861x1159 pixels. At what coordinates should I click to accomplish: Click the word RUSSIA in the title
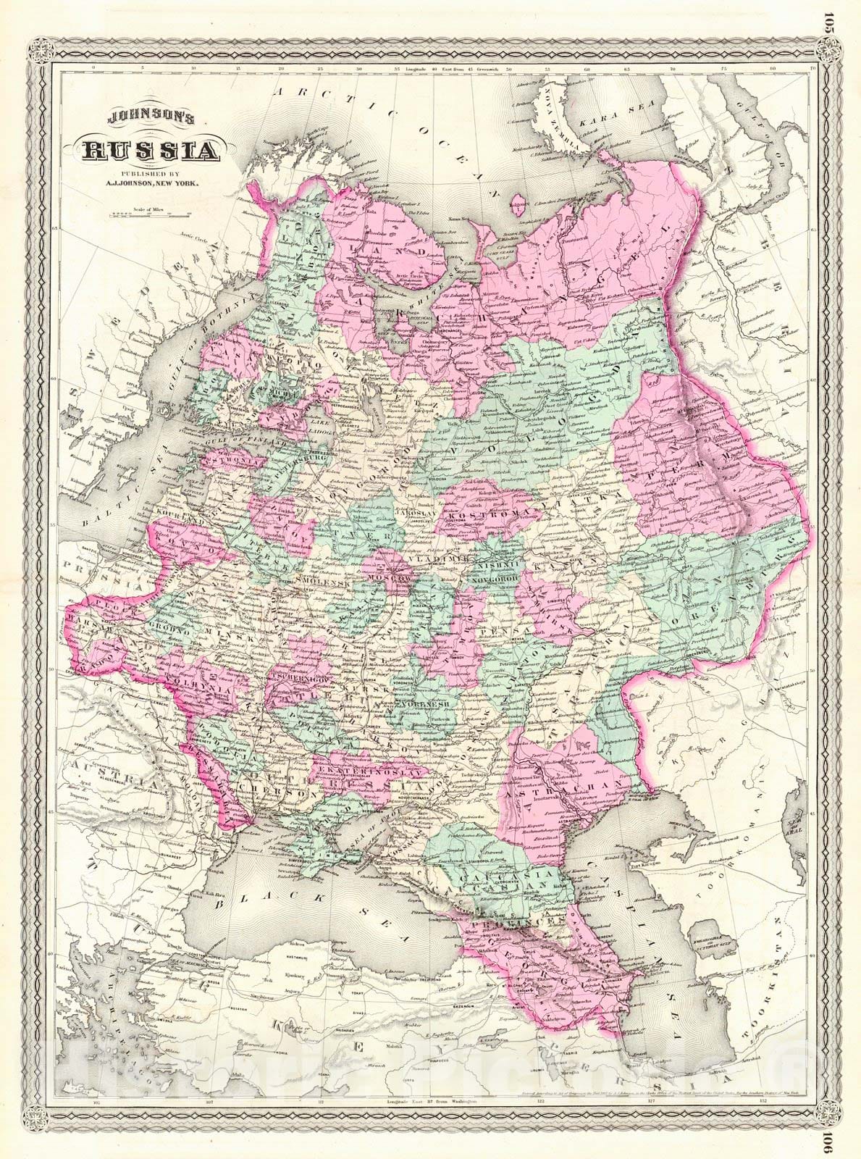coord(151,151)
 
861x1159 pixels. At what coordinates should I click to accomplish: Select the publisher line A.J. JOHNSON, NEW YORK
coord(151,183)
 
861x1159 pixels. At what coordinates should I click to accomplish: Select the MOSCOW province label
coord(392,580)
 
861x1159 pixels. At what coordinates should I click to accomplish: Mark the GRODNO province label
coord(168,624)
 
